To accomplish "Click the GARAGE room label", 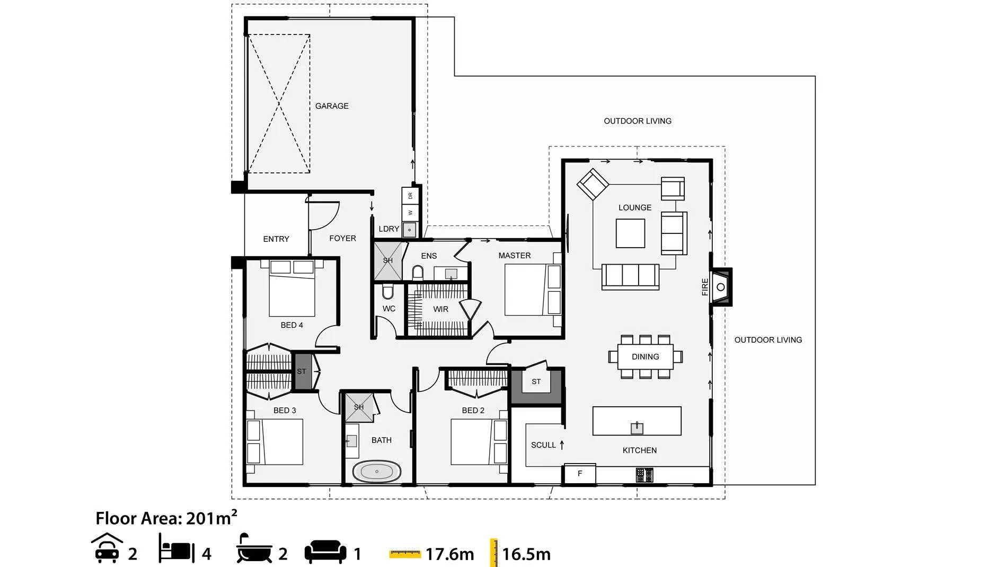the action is coord(332,106).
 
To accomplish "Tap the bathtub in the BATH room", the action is coord(377,472).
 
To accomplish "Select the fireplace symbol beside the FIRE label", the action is coord(721,287).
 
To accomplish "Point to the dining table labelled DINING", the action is coord(645,357).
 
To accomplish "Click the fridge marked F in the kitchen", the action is coord(579,474).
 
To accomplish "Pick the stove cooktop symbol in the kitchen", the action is coord(644,475).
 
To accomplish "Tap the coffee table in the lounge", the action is coord(630,233).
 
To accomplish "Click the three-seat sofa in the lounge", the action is coord(630,276).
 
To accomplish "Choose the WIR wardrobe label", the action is coord(440,309).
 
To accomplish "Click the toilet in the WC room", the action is coord(388,292).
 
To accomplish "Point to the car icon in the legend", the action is coord(107,548).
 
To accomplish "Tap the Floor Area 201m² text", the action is coord(166,518).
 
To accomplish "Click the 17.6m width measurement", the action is coord(450,554).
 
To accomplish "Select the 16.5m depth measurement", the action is coord(526,554).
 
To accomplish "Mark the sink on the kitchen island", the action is coord(637,428).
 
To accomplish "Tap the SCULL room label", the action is coord(543,445).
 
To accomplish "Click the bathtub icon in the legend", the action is coord(254,548).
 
